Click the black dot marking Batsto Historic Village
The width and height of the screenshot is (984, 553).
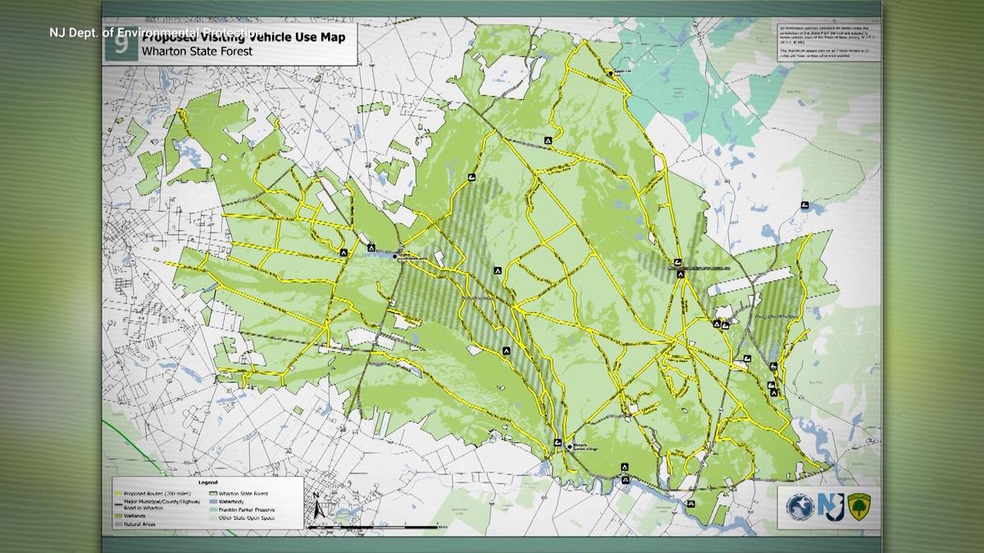570,446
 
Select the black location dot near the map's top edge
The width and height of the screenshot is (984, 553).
611,74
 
